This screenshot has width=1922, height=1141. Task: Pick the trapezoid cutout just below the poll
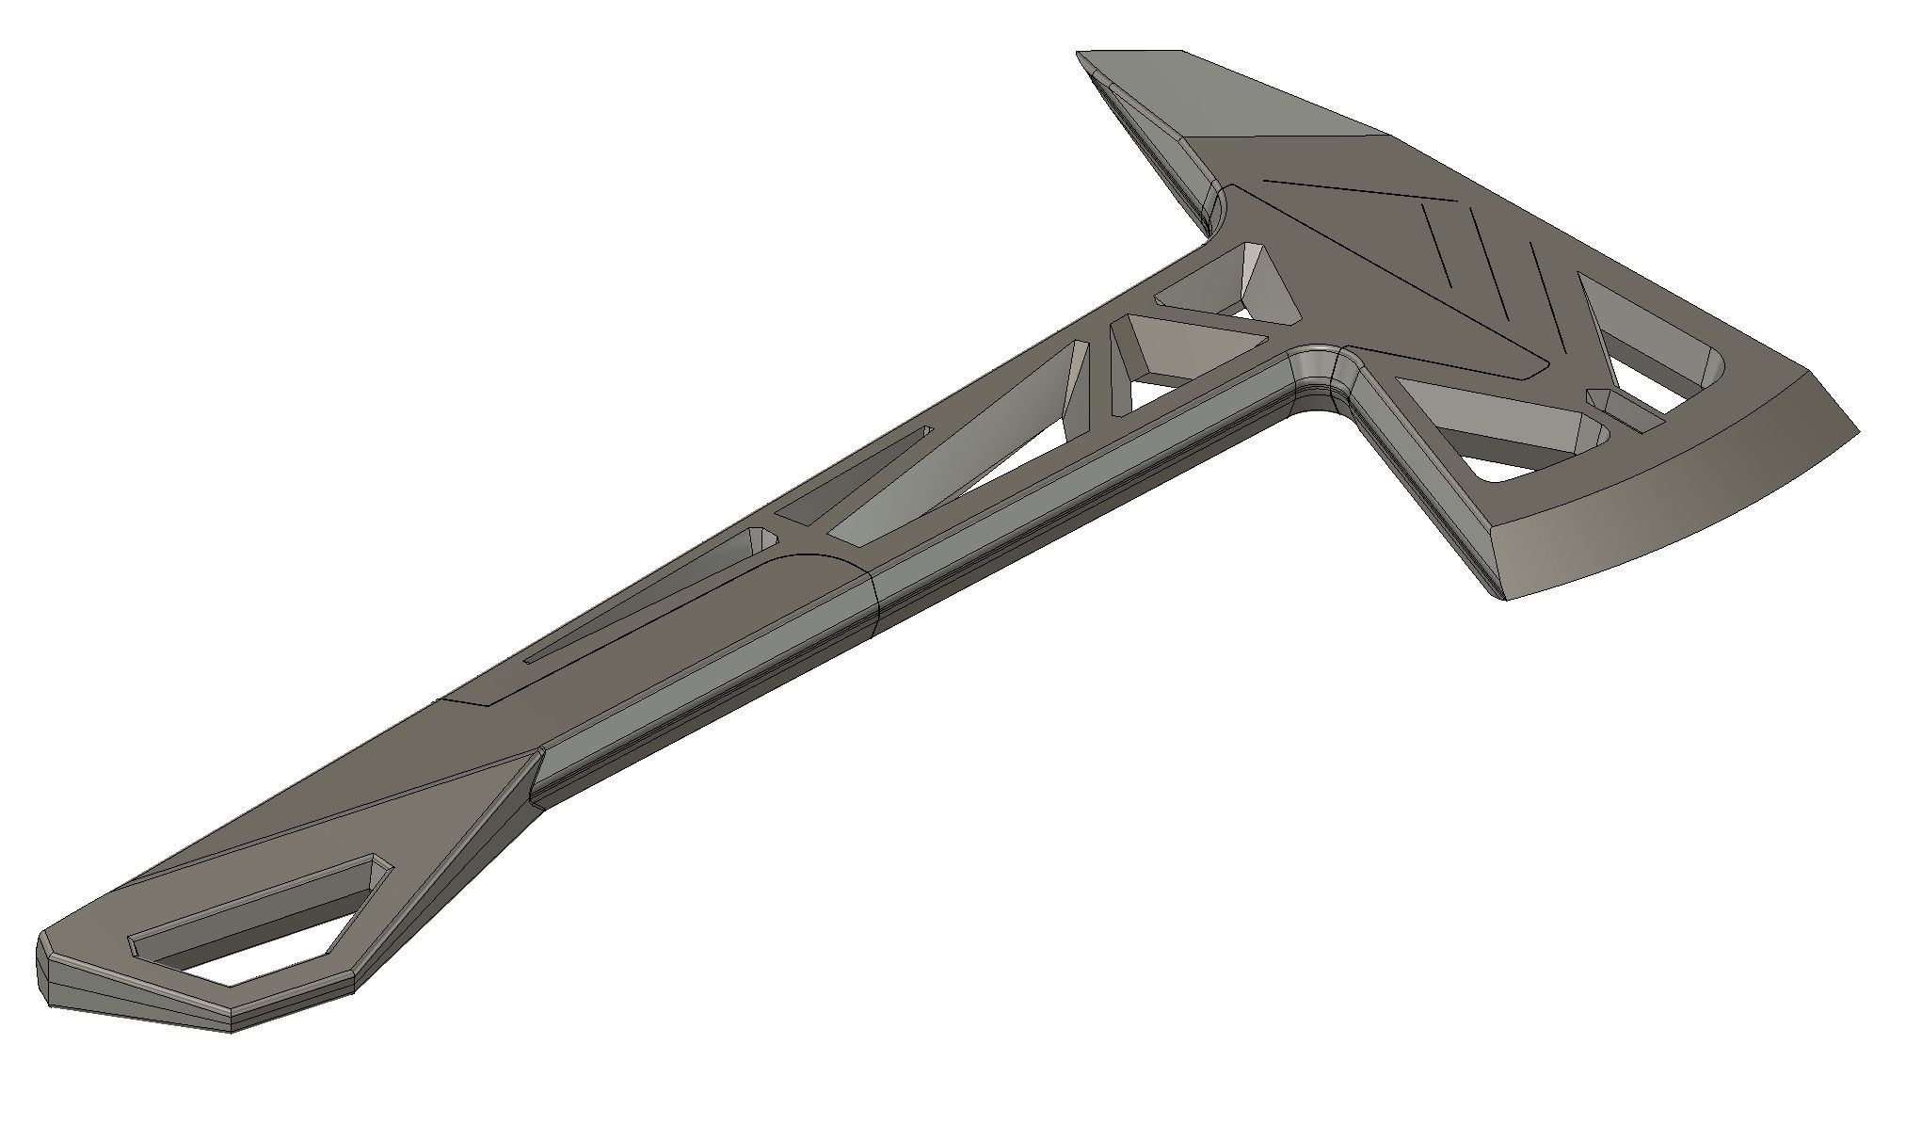[x=1224, y=282]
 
